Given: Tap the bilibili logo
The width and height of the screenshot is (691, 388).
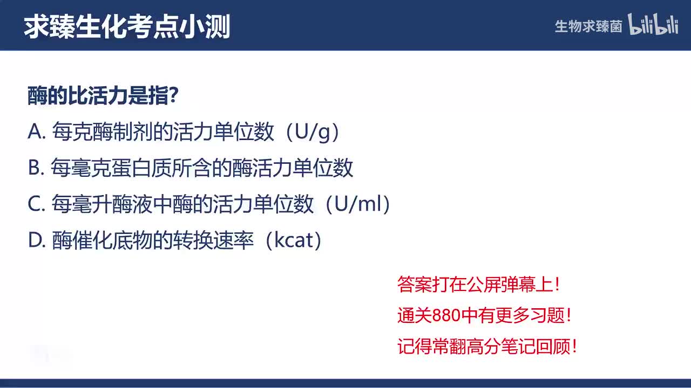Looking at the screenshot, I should point(653,25).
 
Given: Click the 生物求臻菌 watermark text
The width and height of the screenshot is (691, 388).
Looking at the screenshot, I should point(588,26).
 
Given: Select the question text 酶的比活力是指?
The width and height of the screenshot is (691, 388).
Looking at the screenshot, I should point(103,96).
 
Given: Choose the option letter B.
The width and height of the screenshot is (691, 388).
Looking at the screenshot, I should point(35,169).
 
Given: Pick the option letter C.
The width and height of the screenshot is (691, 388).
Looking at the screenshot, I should point(35,205).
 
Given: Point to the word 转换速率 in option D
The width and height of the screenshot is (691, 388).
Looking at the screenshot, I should point(213,240).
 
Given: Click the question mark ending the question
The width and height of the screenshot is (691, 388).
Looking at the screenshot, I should point(174,96).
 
